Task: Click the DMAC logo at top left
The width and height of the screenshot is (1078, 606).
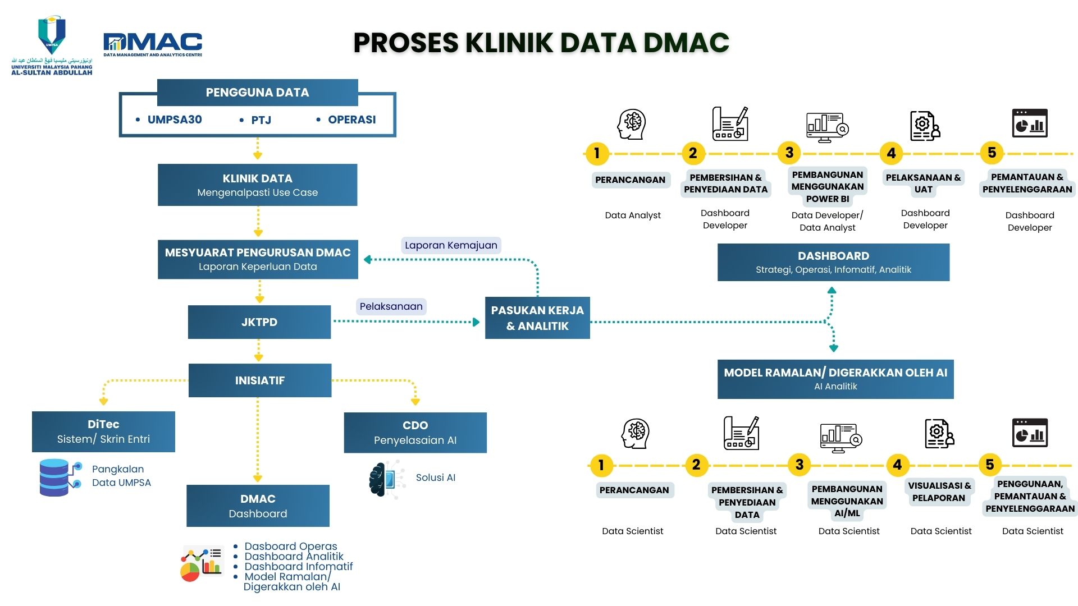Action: click(x=152, y=44)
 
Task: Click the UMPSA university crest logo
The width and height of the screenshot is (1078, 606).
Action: click(x=52, y=35)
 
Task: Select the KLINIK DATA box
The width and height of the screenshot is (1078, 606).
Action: click(x=257, y=185)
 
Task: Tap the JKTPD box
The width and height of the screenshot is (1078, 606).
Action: click(x=259, y=322)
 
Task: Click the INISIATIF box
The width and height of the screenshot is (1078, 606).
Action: click(x=259, y=380)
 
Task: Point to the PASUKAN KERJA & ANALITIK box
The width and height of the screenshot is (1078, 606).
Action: click(x=537, y=318)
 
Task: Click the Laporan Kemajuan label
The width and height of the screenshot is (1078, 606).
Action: click(x=451, y=245)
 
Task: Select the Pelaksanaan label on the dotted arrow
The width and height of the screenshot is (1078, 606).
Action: click(x=391, y=306)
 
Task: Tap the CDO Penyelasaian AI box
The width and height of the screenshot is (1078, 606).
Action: click(x=415, y=433)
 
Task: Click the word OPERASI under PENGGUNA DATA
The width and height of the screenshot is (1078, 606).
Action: click(x=351, y=120)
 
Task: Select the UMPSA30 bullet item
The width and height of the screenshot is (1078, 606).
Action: click(x=174, y=120)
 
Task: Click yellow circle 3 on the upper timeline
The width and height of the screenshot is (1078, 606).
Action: click(x=789, y=153)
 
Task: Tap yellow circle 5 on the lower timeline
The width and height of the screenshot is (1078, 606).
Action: click(x=989, y=465)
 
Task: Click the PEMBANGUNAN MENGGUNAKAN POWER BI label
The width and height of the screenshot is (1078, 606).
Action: click(x=827, y=187)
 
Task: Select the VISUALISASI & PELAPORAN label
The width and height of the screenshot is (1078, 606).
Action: click(x=939, y=492)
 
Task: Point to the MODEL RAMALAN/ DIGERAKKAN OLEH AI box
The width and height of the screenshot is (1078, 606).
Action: click(x=835, y=379)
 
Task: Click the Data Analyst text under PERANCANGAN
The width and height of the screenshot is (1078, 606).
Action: click(x=632, y=215)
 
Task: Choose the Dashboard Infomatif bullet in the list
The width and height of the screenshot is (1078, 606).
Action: click(x=298, y=567)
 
